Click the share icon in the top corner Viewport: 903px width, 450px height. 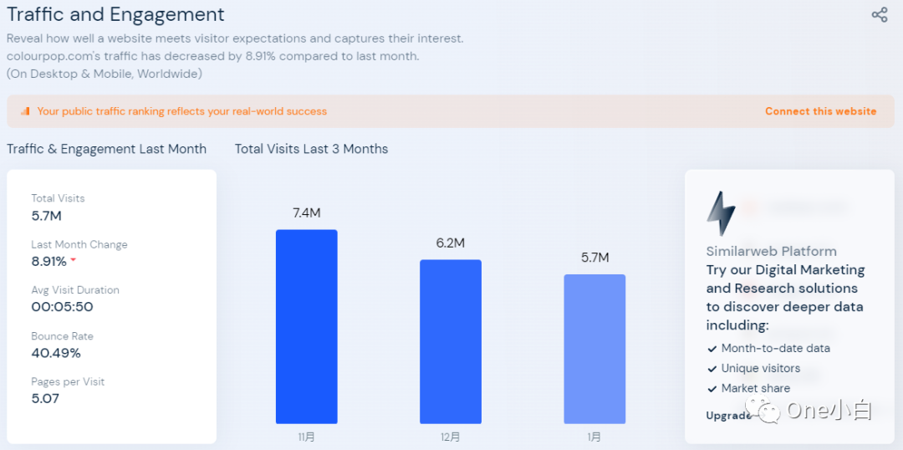click(880, 15)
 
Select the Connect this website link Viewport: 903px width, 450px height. click(820, 111)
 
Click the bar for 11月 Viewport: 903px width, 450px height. click(307, 326)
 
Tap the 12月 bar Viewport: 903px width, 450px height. click(451, 341)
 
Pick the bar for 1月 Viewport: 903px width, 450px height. click(594, 349)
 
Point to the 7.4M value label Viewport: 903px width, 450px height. click(307, 213)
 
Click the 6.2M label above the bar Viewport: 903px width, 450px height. click(451, 243)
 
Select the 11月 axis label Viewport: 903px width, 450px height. click(307, 437)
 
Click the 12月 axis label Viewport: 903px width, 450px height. click(451, 437)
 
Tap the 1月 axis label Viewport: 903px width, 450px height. click(594, 437)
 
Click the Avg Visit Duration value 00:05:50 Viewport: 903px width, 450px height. click(62, 307)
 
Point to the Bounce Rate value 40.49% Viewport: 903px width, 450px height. click(56, 353)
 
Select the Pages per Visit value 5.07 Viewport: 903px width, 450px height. click(45, 399)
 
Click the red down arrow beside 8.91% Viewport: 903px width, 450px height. click(74, 260)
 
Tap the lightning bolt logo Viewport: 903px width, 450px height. click(720, 214)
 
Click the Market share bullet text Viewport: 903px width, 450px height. click(755, 388)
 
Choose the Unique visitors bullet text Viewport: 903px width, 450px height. click(760, 368)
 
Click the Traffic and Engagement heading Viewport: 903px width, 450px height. click(115, 15)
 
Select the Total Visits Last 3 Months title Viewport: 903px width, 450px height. click(311, 149)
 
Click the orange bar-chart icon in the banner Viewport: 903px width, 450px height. click(25, 111)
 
